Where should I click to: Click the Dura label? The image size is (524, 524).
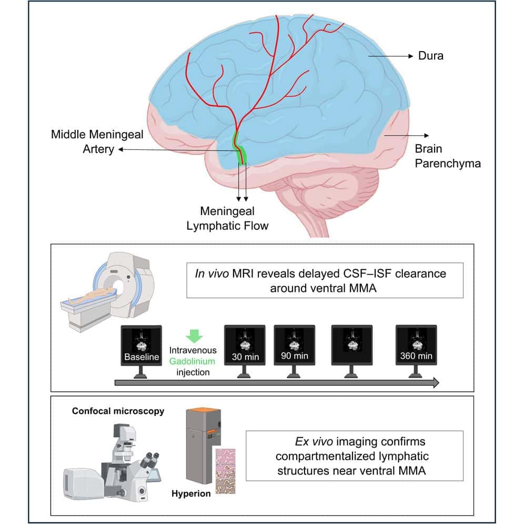[x=431, y=55]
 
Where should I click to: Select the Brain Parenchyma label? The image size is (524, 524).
[x=447, y=156]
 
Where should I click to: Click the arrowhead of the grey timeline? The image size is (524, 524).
[x=436, y=383]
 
